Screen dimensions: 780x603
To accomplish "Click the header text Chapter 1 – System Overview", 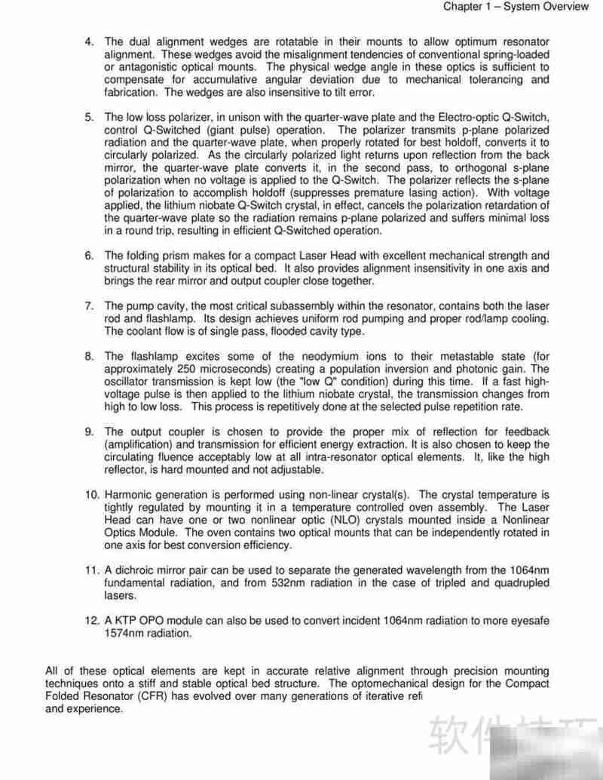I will [516, 7].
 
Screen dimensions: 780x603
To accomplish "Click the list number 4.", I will [88, 41].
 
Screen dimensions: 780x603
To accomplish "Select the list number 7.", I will [88, 306].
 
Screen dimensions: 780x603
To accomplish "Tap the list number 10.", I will [91, 495].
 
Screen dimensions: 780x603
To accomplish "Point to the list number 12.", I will [91, 621].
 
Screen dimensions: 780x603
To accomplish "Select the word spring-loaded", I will [513, 54].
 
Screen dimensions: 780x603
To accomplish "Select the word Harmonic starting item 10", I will [130, 495].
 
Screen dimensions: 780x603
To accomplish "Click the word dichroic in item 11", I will [133, 570].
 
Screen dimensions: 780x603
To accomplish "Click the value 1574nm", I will [125, 634].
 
